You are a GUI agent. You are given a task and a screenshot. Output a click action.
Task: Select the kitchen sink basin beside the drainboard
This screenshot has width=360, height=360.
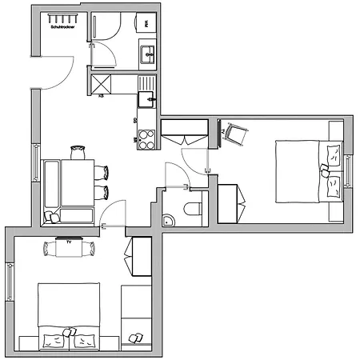(x=146, y=99)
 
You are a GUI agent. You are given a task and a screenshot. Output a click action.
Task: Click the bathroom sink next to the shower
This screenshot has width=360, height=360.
(x=149, y=54)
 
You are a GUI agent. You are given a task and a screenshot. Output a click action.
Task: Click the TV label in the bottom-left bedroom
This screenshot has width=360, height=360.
(x=70, y=241)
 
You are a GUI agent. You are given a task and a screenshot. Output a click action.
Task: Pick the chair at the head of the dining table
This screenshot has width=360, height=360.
(x=78, y=150)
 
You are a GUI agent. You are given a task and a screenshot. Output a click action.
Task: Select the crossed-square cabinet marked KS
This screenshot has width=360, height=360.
(x=102, y=82)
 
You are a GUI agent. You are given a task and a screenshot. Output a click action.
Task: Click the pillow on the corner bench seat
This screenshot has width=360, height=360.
(x=53, y=217)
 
